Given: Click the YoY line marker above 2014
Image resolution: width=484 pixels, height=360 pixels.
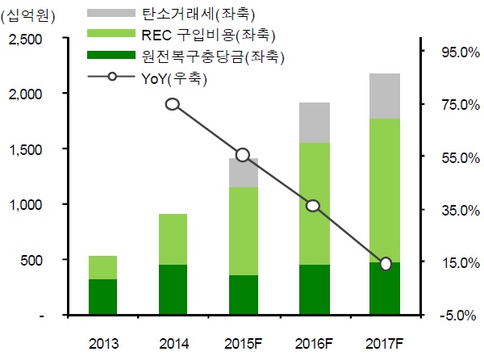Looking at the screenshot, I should [x=173, y=104].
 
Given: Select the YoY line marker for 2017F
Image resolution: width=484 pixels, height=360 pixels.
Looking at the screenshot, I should [x=386, y=264].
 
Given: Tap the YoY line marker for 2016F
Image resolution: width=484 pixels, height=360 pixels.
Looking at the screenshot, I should [x=314, y=206].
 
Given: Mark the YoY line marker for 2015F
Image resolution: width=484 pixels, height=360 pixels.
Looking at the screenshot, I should [x=243, y=155].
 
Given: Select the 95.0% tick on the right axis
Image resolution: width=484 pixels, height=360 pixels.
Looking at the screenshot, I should [x=452, y=52].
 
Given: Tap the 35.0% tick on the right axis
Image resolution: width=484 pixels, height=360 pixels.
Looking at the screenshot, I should [x=452, y=210].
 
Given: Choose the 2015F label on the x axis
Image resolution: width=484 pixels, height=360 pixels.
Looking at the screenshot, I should [x=243, y=343].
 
